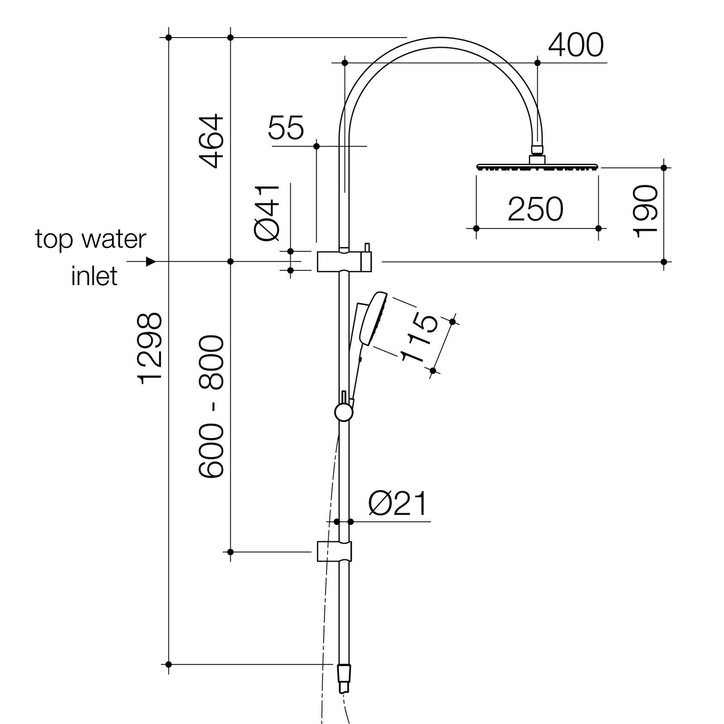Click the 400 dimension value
(575, 45)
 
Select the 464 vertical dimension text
(212, 141)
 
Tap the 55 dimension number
(286, 128)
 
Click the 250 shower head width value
(535, 210)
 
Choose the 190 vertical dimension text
(645, 210)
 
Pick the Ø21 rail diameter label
(398, 504)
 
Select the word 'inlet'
(94, 276)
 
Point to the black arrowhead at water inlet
(150, 262)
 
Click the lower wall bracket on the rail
(334, 551)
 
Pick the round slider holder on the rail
(344, 413)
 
